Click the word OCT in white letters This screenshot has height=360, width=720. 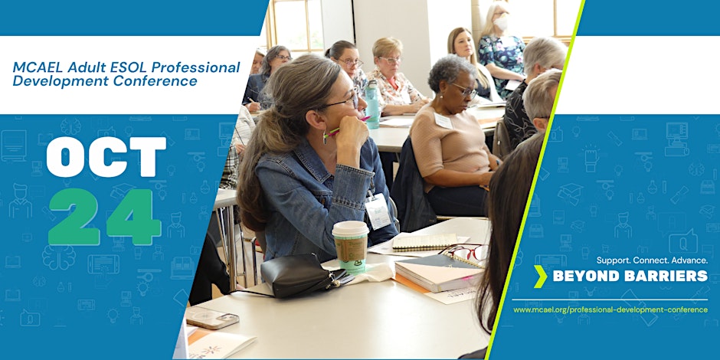pos(106,157)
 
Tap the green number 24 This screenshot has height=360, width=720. pos(105,217)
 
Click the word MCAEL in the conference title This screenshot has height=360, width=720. pos(38,67)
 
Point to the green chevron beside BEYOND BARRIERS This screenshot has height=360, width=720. pos(541,276)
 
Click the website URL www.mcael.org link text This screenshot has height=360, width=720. pos(610,310)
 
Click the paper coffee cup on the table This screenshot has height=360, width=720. pos(350,246)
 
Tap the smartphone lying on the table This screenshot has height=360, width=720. pos(212,317)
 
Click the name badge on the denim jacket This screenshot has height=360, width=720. pos(378,211)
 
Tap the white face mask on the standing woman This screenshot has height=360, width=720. pos(500,23)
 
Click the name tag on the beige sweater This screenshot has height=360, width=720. pos(443,121)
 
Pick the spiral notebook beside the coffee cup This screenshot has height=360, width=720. pos(424,242)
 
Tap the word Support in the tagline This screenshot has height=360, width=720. pos(613,260)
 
